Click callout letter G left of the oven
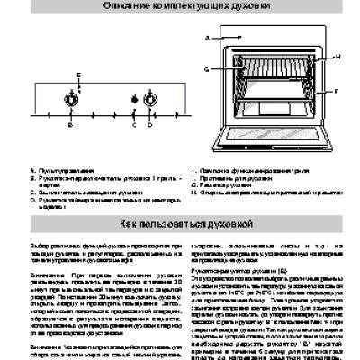[206, 68]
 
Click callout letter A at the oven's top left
[206, 39]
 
